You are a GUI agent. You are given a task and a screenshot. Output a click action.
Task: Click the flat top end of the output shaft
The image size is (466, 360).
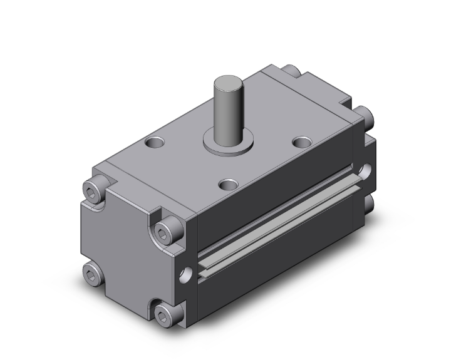tap(226, 81)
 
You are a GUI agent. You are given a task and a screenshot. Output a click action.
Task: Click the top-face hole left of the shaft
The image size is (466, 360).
tap(153, 143)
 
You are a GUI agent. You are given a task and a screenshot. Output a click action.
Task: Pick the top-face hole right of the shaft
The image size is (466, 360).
tap(303, 142)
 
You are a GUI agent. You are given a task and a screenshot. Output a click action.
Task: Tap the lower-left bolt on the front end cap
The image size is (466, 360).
tap(92, 273)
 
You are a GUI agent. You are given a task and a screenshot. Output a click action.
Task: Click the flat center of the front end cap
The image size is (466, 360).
tap(128, 250)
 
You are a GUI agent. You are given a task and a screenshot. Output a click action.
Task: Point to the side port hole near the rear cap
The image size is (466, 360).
tap(365, 170)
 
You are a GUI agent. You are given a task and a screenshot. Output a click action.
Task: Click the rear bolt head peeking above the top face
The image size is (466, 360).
tap(292, 71)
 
